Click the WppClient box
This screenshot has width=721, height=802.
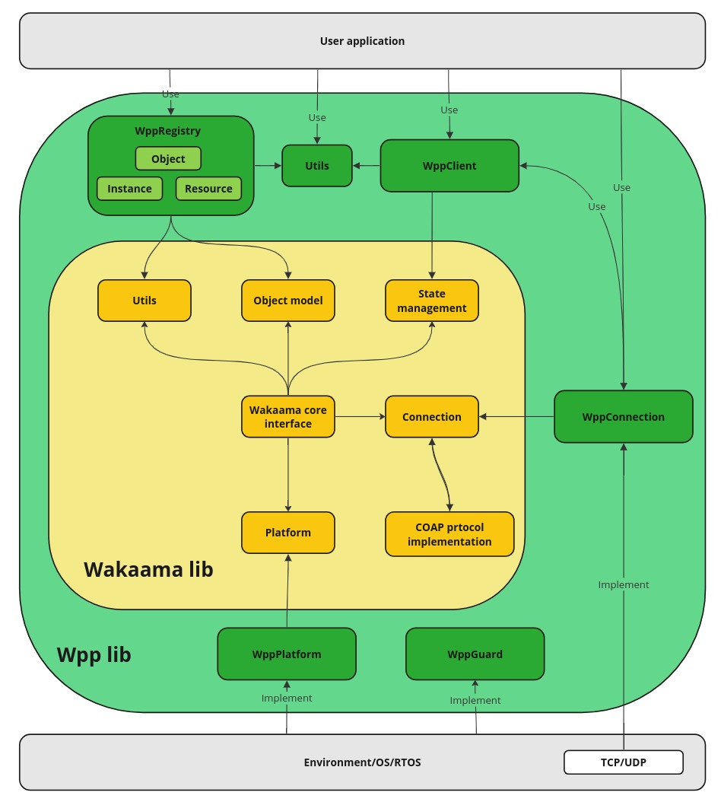coord(449,166)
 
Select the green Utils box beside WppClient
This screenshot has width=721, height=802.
coord(317,166)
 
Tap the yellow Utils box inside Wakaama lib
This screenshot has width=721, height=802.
coord(145,301)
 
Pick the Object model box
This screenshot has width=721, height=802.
coord(288,301)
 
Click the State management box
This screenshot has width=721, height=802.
coord(432,301)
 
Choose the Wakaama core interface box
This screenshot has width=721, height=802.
coord(288,416)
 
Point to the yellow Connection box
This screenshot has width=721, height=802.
coord(432,417)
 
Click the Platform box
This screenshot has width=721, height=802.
coord(288,533)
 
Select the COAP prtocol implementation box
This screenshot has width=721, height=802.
coord(449,534)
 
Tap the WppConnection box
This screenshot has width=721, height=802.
coord(624,417)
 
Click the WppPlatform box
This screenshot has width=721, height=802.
coord(287,654)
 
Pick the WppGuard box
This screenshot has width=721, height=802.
coord(475,654)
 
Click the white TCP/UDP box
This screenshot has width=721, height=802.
coord(624,762)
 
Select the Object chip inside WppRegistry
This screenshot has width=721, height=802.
coord(168,159)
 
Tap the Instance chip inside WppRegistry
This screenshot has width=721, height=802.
coord(129,189)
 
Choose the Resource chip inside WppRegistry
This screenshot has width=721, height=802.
coord(208,189)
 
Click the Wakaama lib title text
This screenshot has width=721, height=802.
coord(148,569)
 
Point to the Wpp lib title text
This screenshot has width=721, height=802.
coord(94,654)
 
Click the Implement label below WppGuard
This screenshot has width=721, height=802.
coord(475,700)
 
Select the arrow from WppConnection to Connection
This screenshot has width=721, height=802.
coord(517,416)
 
